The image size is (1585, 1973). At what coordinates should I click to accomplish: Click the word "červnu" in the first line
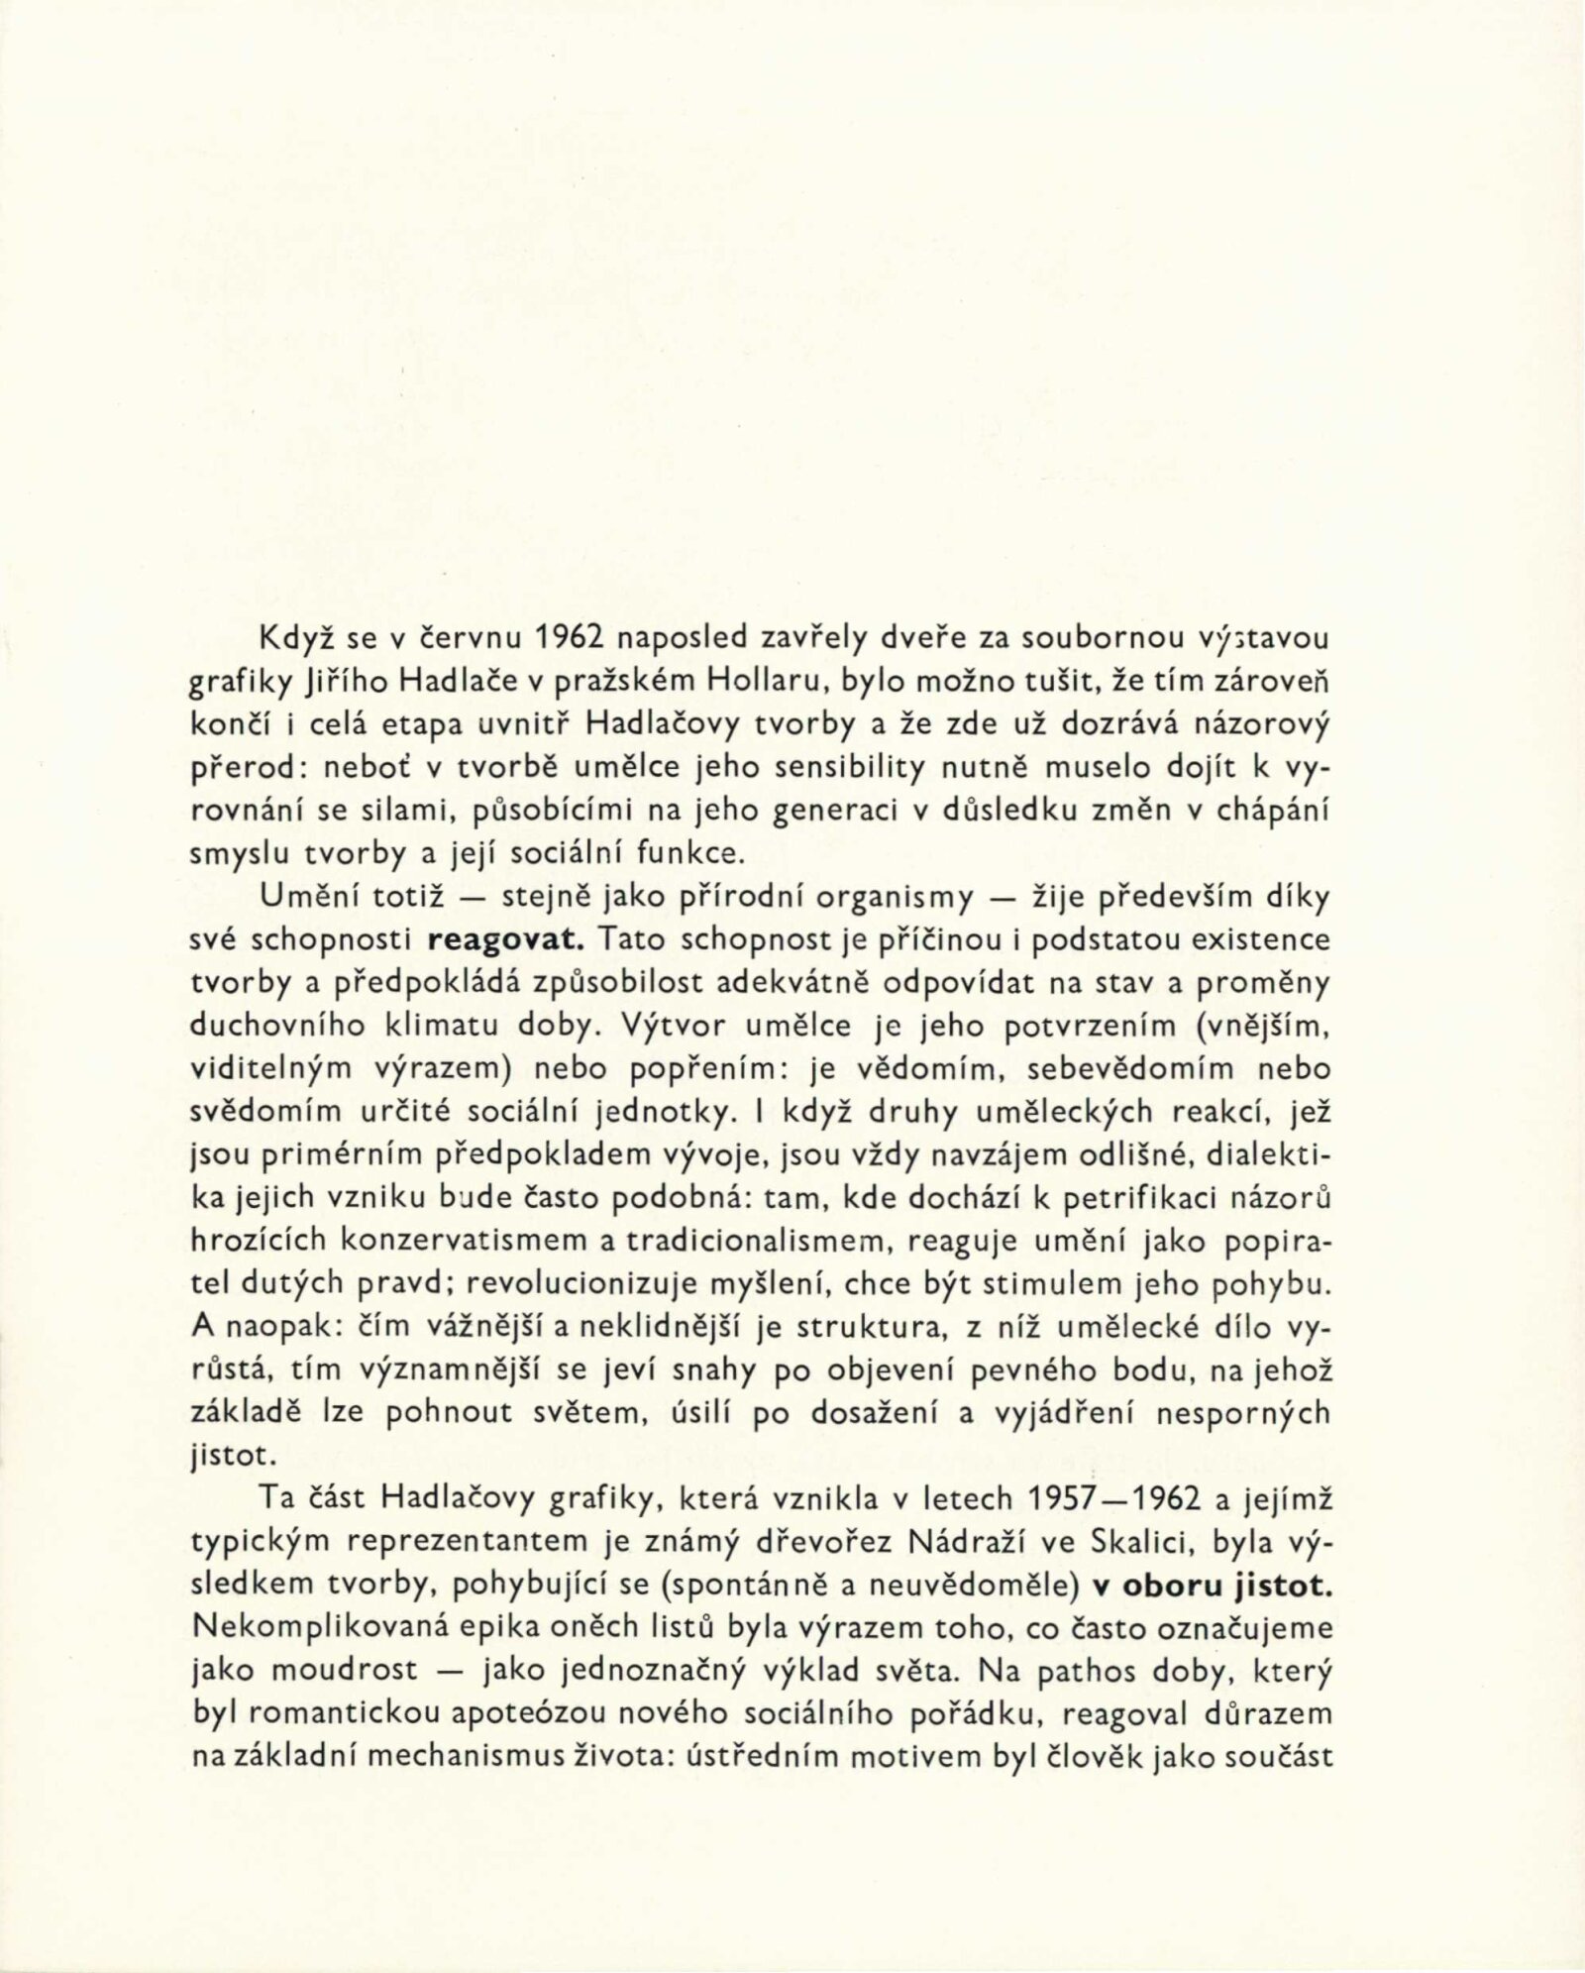click(x=460, y=639)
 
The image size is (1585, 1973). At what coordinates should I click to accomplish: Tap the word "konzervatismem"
click(x=461, y=1240)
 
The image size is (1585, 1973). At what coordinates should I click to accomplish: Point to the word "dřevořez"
click(x=836, y=1543)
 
